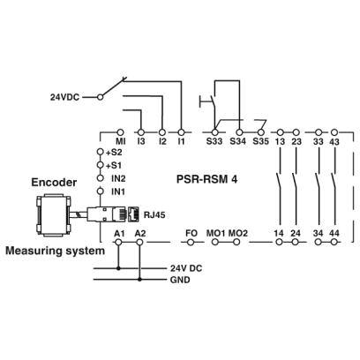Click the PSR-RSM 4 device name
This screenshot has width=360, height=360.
(x=206, y=179)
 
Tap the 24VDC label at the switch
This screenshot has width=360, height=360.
(x=64, y=97)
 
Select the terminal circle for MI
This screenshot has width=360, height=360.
(x=120, y=132)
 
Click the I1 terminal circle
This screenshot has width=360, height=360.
(x=182, y=132)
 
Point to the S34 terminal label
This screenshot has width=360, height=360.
(x=237, y=141)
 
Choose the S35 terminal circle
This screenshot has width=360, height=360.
(x=260, y=132)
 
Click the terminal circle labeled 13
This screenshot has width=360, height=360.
(x=281, y=132)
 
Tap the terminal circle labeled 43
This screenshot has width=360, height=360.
(x=334, y=132)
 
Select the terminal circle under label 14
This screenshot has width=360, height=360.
(x=280, y=242)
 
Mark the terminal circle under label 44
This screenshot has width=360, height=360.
(x=334, y=242)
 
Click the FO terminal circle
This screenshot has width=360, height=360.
(x=191, y=242)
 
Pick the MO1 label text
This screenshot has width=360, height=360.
(x=215, y=233)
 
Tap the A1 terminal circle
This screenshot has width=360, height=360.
(x=118, y=242)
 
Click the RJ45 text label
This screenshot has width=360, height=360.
(x=154, y=215)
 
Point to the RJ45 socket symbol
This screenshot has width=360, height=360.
(x=134, y=214)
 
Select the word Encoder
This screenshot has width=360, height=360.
(x=54, y=183)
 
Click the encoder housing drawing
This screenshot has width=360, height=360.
(x=53, y=216)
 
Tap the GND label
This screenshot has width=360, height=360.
(x=180, y=280)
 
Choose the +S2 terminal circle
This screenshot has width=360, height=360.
(x=101, y=152)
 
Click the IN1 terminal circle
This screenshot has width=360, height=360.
(x=101, y=191)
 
